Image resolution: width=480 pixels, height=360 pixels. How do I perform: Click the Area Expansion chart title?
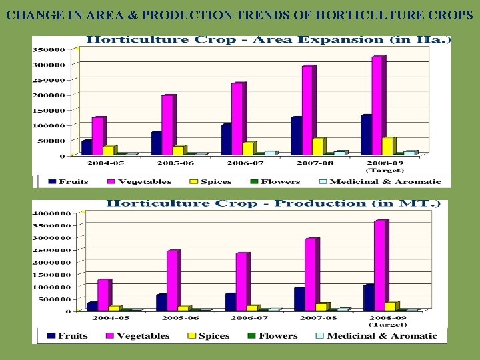tap(269, 39)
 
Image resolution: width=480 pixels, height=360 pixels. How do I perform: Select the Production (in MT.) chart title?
tap(273, 203)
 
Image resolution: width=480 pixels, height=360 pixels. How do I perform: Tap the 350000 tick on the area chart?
tap(51, 49)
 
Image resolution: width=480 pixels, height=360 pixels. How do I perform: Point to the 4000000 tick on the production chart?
tap(51, 213)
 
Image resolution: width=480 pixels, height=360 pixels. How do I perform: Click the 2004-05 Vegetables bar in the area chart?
tap(98, 136)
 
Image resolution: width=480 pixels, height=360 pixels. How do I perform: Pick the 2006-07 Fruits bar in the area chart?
tap(226, 139)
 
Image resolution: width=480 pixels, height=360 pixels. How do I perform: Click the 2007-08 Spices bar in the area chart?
tap(319, 147)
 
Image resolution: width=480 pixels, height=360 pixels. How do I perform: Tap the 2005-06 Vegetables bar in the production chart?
tap(173, 281)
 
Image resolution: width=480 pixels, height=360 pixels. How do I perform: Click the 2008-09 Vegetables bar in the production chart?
tap(381, 265)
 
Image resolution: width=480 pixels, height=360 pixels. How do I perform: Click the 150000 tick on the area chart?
tap(51, 110)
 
